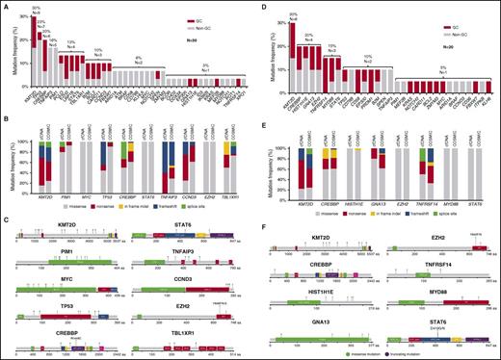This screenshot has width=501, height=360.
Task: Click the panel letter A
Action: point(6,7)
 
